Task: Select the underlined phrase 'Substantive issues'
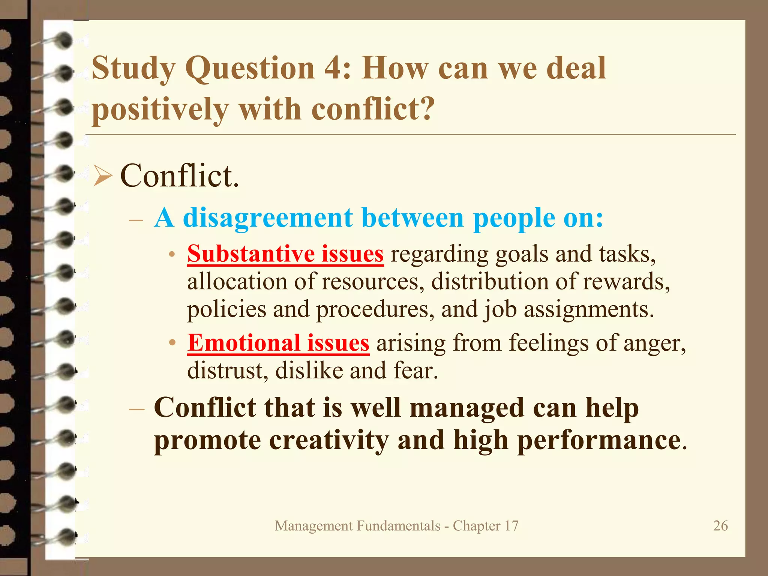tap(285, 254)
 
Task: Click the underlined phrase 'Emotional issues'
tap(278, 343)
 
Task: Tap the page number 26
tap(720, 526)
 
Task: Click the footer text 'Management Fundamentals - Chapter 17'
tap(396, 526)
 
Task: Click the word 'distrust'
tap(227, 370)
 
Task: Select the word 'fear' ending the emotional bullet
tap(415, 370)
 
